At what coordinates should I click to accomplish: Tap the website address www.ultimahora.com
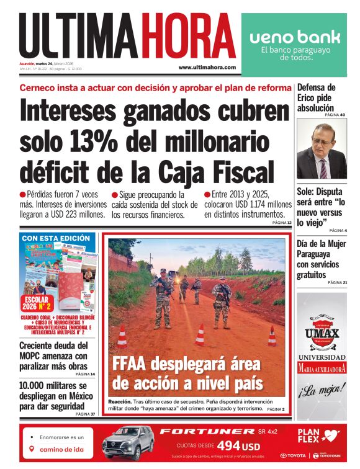click(207, 67)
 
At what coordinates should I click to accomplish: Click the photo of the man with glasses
click(322, 150)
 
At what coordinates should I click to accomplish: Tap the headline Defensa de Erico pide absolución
click(316, 98)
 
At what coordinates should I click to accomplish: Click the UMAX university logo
click(322, 326)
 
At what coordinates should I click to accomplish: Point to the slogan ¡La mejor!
click(321, 391)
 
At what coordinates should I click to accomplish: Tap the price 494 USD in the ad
click(238, 446)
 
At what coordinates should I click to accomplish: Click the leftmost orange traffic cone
click(122, 337)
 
